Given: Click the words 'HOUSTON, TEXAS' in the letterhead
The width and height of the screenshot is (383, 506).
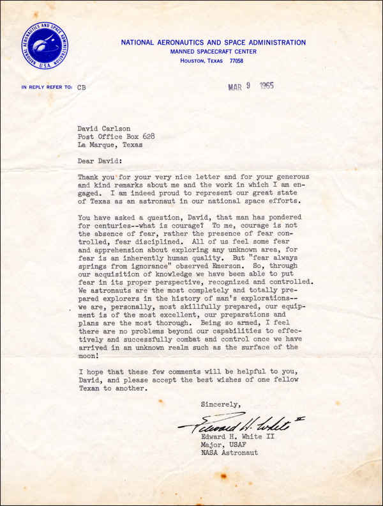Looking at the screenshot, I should click(202, 61).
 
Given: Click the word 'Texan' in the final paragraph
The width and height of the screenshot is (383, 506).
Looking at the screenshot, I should click(91, 389).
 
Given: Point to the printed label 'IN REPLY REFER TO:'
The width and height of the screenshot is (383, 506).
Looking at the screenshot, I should click(47, 87).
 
